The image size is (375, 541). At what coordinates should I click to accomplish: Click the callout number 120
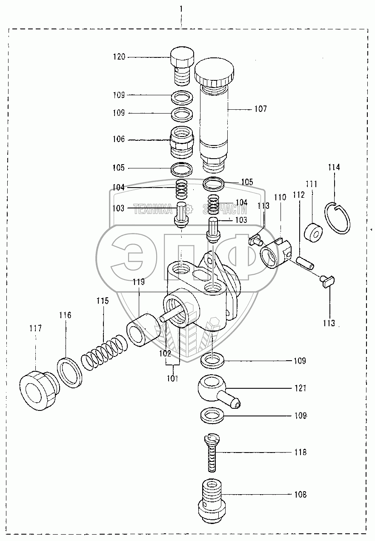click(119, 57)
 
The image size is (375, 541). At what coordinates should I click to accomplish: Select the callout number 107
click(260, 109)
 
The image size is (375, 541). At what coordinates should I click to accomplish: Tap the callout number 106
click(119, 139)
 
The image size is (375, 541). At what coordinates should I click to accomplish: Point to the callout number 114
click(334, 167)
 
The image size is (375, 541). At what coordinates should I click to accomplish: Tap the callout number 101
click(172, 378)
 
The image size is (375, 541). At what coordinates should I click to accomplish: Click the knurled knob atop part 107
click(214, 72)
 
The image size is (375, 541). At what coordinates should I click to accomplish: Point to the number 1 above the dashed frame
click(181, 9)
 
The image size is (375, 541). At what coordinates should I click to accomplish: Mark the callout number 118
click(300, 453)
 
